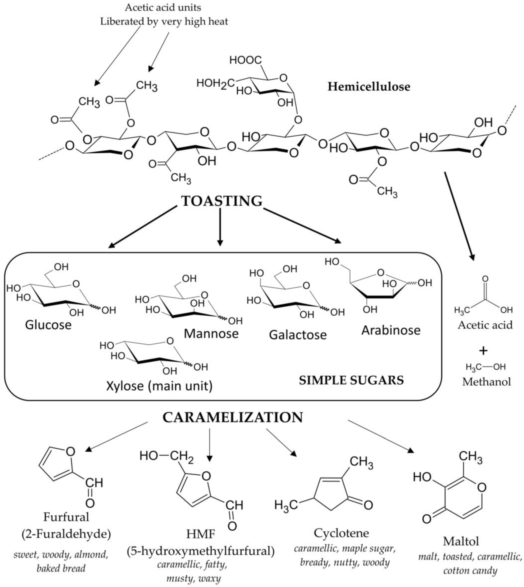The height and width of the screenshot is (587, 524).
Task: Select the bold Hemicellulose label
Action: point(369,87)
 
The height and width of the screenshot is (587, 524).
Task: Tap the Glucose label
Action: point(48,325)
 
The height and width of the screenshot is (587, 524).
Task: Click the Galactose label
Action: point(298,335)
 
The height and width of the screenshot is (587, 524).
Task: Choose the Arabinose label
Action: point(391,330)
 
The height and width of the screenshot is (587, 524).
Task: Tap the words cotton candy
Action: point(470,570)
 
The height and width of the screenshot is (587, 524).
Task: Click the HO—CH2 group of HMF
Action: point(166,456)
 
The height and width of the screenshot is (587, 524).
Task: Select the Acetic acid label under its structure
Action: point(485,325)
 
